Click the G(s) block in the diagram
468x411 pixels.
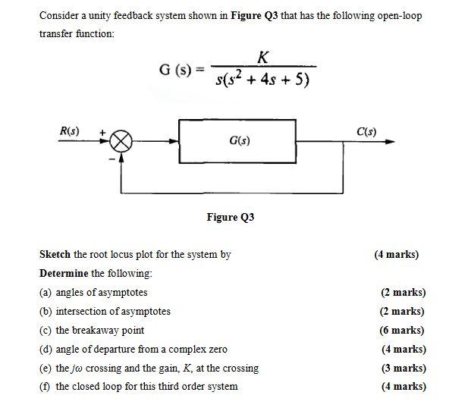(x=237, y=141)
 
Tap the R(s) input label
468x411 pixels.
(x=70, y=130)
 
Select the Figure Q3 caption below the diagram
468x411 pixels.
(x=231, y=217)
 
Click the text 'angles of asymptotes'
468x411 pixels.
(x=102, y=292)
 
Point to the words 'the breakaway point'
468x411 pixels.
(x=99, y=330)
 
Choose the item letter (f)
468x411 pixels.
(x=46, y=387)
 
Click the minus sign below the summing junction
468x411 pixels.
(x=112, y=158)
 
